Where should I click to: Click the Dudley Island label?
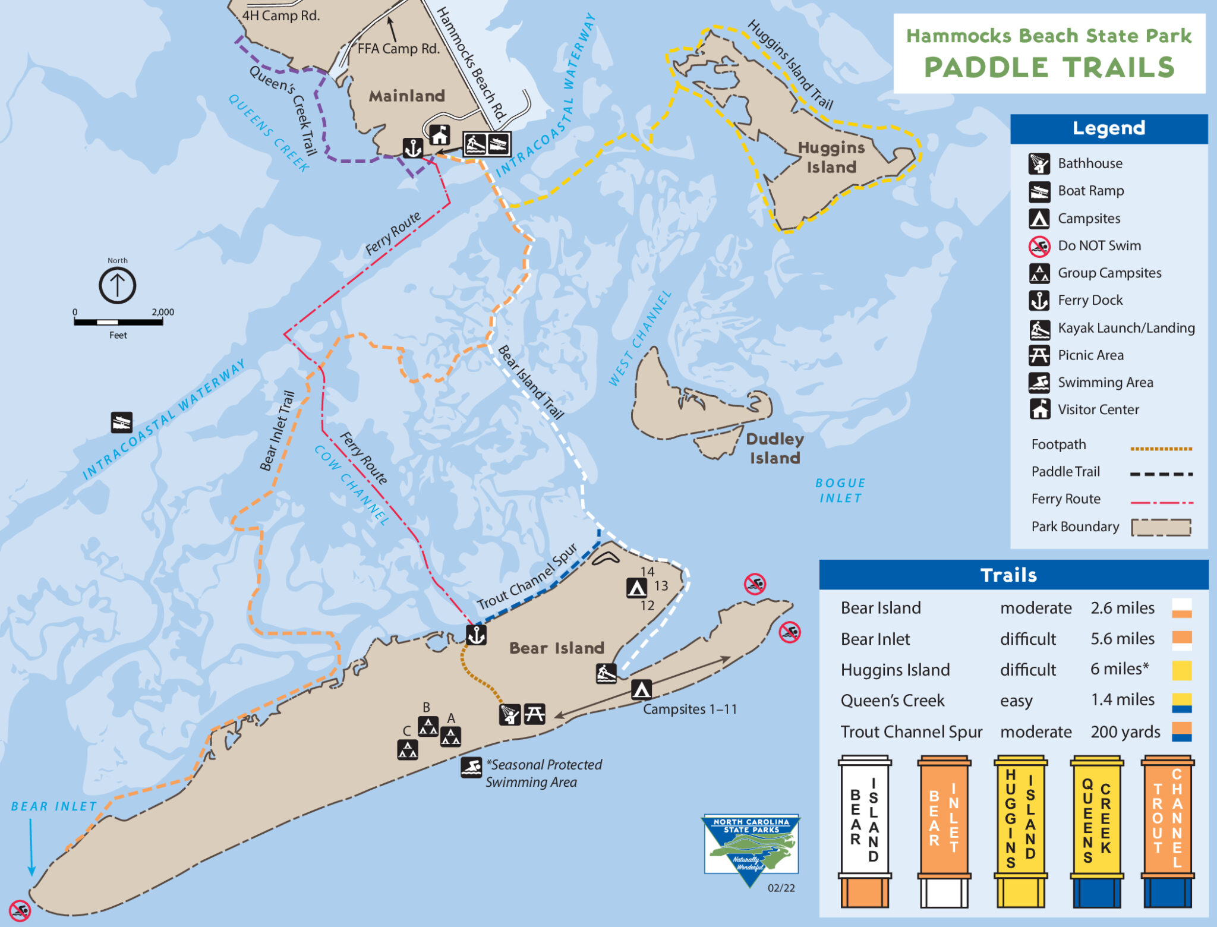pyautogui.click(x=774, y=448)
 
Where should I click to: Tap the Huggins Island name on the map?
pyautogui.click(x=831, y=157)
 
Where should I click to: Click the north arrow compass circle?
pyautogui.click(x=117, y=285)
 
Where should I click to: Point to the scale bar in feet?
pyautogui.click(x=118, y=322)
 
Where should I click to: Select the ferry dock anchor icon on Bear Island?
pyautogui.click(x=476, y=635)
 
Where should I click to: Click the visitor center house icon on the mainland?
pyautogui.click(x=440, y=135)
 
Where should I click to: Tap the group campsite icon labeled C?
pyautogui.click(x=407, y=749)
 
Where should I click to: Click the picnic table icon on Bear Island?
pyautogui.click(x=534, y=714)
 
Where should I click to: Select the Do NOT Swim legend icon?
pyautogui.click(x=1039, y=245)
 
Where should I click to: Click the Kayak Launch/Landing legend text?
pyautogui.click(x=1125, y=327)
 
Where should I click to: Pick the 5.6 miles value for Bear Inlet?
pyautogui.click(x=1122, y=639)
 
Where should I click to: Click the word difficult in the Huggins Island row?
pyautogui.click(x=1027, y=670)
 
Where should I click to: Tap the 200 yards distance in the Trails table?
pyautogui.click(x=1125, y=731)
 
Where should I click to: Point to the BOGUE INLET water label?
pyautogui.click(x=840, y=490)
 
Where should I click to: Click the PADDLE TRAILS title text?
pyautogui.click(x=1049, y=67)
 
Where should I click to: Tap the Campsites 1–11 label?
pyautogui.click(x=689, y=709)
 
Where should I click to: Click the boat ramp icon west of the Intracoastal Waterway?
pyautogui.click(x=121, y=422)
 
